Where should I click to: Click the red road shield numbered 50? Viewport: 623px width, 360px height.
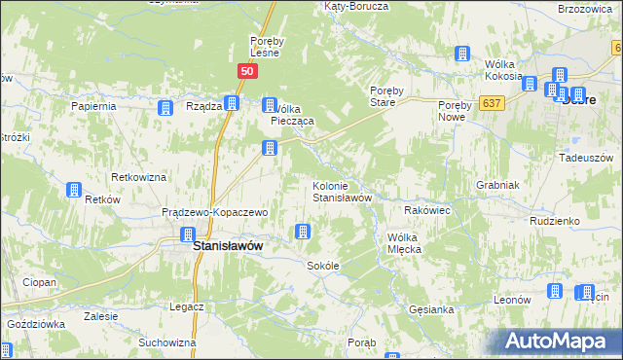(x=247, y=71)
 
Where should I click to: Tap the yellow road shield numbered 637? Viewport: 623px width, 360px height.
(x=492, y=102)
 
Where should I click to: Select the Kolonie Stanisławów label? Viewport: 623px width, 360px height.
(x=343, y=192)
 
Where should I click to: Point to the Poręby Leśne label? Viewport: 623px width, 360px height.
(x=266, y=47)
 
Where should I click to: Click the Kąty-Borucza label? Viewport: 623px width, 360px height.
(x=355, y=6)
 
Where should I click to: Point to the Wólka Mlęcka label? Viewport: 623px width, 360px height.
(x=417, y=243)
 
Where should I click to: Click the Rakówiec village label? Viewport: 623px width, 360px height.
(x=425, y=209)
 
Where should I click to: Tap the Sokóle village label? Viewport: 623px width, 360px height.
(x=322, y=266)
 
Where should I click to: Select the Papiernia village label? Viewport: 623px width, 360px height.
(x=94, y=105)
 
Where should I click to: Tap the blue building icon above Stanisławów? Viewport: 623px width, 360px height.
(x=188, y=234)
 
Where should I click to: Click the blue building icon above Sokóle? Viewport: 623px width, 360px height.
(x=303, y=232)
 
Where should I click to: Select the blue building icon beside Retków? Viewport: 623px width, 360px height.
(x=73, y=191)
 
